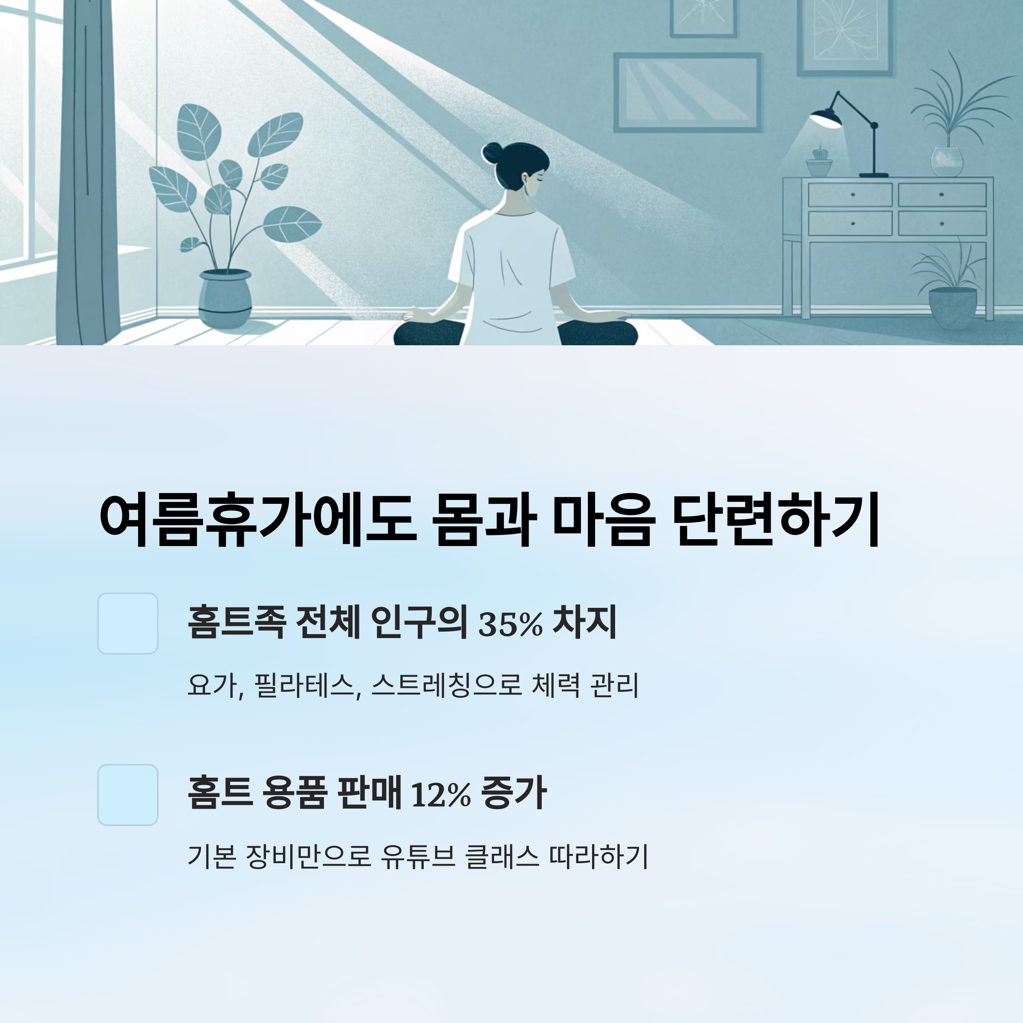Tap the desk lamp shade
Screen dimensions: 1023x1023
coord(826,118)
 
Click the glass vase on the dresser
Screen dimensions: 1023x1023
coord(947,161)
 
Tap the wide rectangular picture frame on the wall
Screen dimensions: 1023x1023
coord(687,92)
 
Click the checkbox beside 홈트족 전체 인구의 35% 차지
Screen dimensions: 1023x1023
coord(127,623)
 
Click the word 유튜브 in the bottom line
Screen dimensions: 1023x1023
coord(418,856)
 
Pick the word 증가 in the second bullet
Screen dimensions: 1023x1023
coord(514,794)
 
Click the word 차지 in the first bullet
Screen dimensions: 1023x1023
coord(584,623)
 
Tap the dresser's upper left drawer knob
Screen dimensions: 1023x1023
coord(852,194)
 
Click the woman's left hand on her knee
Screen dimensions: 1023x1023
coord(418,316)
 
